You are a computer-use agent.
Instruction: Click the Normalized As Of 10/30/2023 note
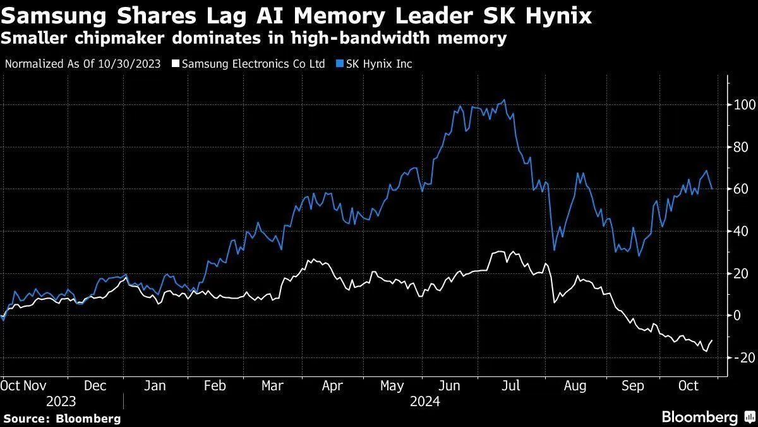[82, 64]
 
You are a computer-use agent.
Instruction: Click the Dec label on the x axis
[95, 385]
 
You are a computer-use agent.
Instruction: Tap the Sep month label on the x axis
[633, 385]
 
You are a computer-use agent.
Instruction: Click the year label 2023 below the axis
[61, 402]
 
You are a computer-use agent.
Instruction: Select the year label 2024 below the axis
[425, 402]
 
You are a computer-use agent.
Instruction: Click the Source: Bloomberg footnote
[61, 418]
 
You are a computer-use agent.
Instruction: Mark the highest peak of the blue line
[503, 100]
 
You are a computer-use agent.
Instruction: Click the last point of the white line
[712, 340]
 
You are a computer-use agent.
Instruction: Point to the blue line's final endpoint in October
[712, 189]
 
